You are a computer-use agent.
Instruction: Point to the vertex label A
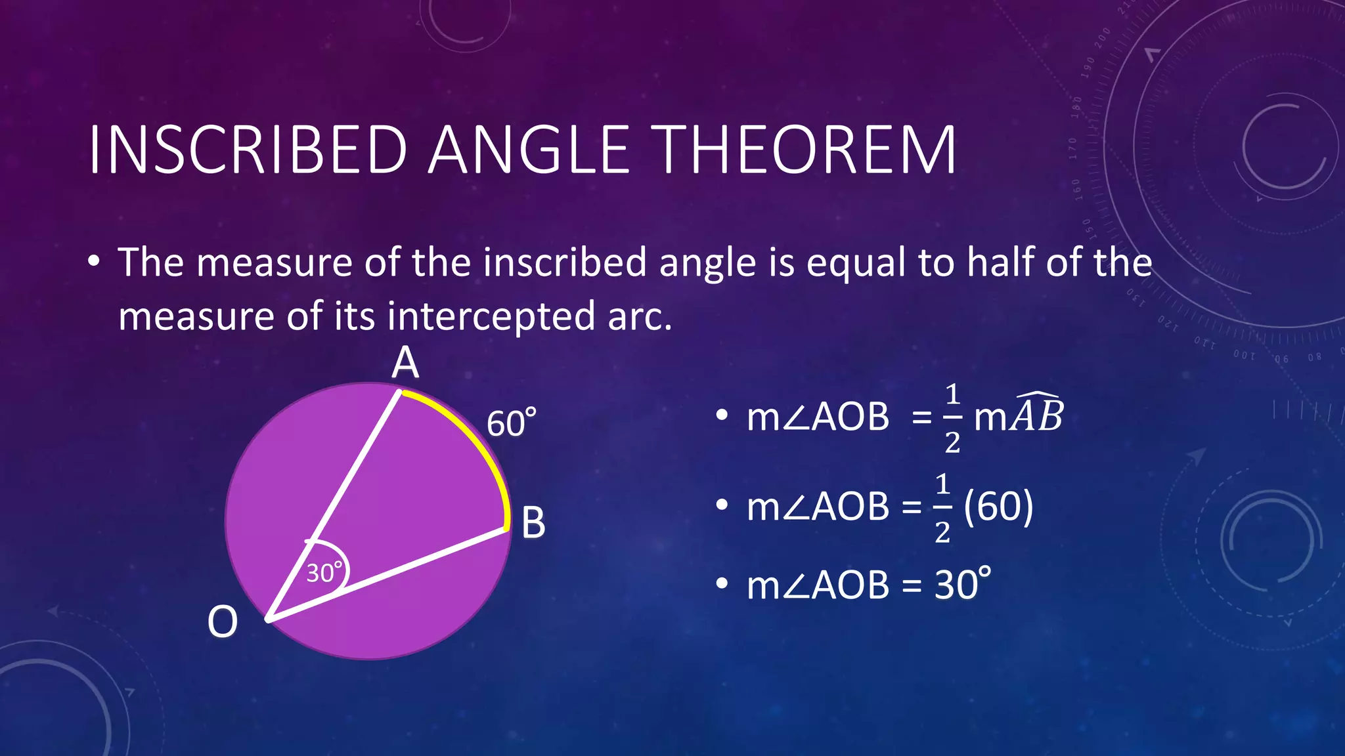pyautogui.click(x=405, y=363)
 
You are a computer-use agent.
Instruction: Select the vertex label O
pyautogui.click(x=222, y=621)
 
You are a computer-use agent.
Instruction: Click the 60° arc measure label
pyautogui.click(x=511, y=423)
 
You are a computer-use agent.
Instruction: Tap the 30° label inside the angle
pyautogui.click(x=324, y=572)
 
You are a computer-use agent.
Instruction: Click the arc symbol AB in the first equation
pyautogui.click(x=1037, y=415)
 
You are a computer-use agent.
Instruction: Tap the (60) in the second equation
pyautogui.click(x=998, y=506)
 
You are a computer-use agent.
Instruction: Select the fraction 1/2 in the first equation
pyautogui.click(x=952, y=418)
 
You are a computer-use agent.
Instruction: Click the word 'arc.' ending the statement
pyautogui.click(x=640, y=316)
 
